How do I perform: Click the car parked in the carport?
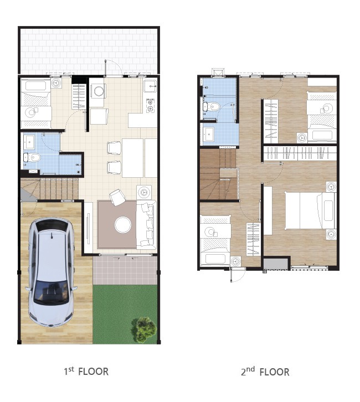point(52,272)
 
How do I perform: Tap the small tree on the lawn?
point(143,329)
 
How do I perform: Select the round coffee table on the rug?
point(123,225)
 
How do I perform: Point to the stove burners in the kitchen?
point(151,105)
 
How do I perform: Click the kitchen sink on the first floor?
point(150,86)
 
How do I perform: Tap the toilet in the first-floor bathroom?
point(33,157)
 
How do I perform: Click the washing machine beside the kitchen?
point(97,91)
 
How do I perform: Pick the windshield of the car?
point(52,291)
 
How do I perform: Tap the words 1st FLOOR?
point(86,371)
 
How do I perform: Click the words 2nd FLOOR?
point(265,372)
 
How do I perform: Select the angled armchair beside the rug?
point(117,197)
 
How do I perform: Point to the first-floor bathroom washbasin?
point(30,142)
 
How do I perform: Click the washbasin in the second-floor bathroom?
point(209,134)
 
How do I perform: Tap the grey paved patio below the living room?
point(125,270)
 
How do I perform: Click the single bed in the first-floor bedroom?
point(36,104)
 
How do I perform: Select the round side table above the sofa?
point(144,192)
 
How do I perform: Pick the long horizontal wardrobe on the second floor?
point(300,153)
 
